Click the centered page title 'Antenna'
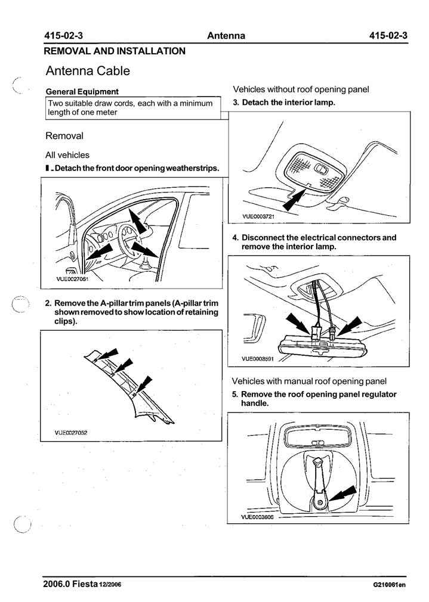coord(226,36)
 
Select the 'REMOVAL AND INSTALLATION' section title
coord(115,51)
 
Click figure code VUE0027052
coord(71,433)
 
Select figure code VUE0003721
coord(258,216)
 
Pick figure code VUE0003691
coord(258,359)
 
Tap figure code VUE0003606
coord(258,517)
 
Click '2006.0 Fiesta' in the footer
coord(70,584)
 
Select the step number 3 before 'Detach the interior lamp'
coord(236,103)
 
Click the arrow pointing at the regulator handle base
coord(342,494)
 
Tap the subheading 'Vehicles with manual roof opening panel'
coord(308,381)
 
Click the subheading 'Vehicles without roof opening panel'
coord(301,89)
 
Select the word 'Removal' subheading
coord(64,136)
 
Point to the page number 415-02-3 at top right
coord(388,36)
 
